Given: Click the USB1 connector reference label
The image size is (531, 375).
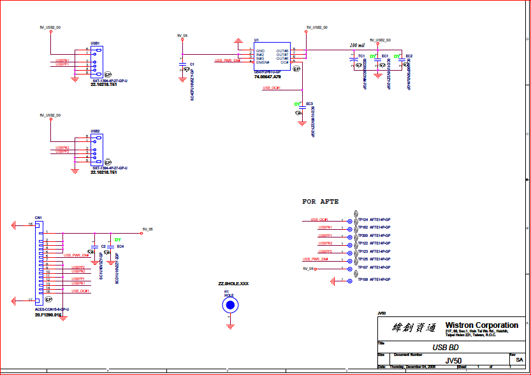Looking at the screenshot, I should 95,43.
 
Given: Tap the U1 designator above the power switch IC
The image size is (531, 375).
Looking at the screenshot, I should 256,40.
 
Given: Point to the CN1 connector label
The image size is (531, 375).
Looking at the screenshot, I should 38,218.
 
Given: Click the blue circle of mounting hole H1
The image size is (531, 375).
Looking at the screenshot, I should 229,306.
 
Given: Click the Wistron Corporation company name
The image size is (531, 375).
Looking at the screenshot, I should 481,325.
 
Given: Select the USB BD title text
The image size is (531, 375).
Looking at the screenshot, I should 446,348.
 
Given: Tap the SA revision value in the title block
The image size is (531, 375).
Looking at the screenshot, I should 518,360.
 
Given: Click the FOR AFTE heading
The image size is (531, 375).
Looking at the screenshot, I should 320,201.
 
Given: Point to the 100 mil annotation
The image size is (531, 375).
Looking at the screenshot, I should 358,46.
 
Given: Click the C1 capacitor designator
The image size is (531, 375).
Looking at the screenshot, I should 192,64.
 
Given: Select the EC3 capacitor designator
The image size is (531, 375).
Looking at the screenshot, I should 309,103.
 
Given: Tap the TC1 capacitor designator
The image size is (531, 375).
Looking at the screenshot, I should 361,56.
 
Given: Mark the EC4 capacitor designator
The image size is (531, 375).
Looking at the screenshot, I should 120,246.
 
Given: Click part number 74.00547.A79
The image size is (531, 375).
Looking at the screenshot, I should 268,76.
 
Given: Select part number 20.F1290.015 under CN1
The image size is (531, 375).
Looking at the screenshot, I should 48,315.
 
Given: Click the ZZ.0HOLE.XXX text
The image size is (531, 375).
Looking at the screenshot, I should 233,283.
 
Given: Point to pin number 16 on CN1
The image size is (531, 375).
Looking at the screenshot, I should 31,224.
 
